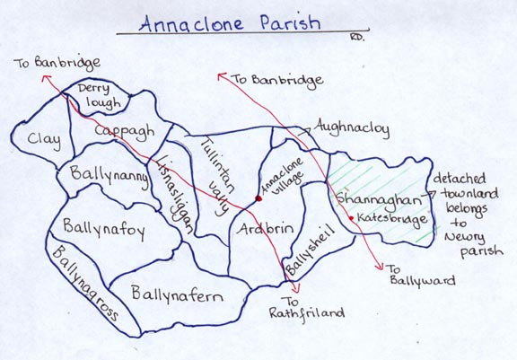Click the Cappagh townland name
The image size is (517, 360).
(121, 131)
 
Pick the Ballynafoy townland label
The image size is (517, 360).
(105, 228)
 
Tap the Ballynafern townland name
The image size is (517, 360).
(178, 293)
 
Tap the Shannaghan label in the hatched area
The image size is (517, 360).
(370, 198)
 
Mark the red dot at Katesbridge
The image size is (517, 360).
(350, 217)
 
